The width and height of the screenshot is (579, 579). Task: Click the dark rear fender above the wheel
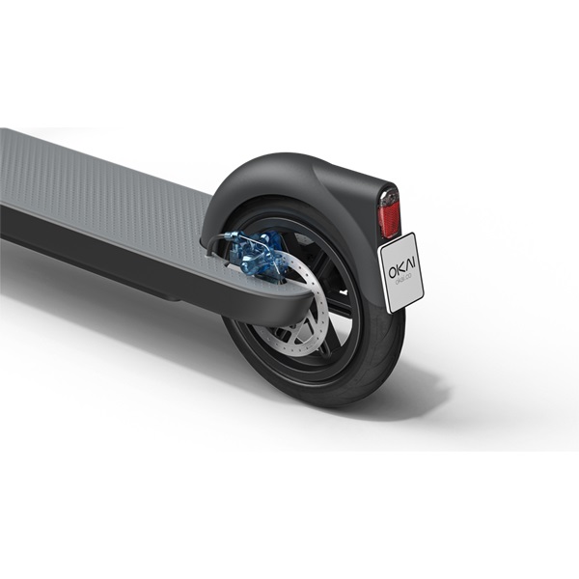click(289, 179)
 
